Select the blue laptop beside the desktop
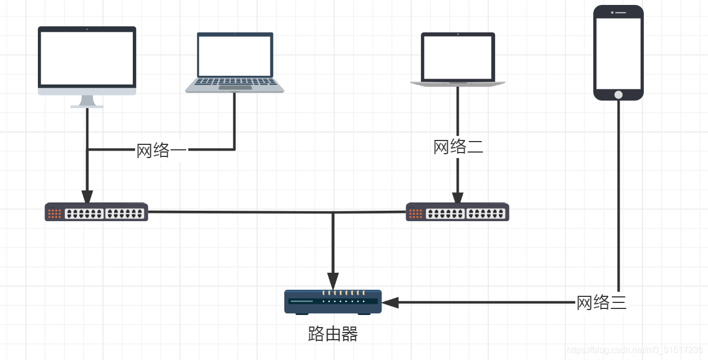235,62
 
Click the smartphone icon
619,53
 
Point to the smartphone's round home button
619,94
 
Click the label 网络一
161,150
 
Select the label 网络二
458,147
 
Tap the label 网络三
601,302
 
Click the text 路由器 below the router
333,334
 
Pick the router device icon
333,301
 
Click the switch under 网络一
96,212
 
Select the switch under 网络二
457,212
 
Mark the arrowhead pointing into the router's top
333,282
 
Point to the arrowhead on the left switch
87,196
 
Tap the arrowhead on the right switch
458,198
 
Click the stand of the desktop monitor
87,102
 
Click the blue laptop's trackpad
235,87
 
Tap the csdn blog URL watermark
635,350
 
